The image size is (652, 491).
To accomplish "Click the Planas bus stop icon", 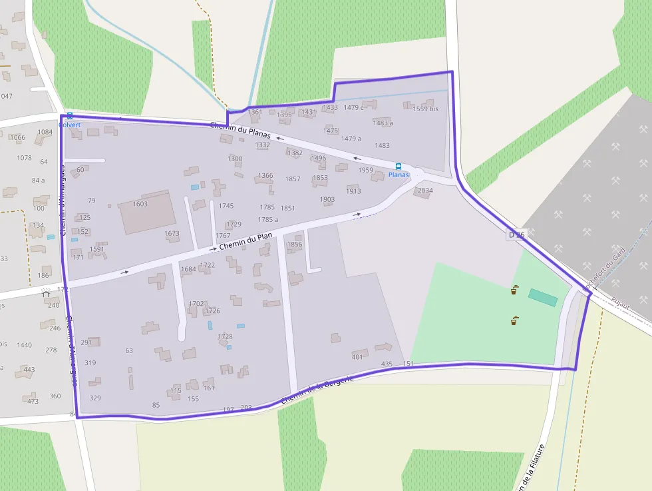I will [x=399, y=166].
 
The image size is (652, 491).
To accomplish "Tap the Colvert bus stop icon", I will [x=70, y=116].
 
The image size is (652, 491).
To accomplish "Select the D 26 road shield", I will [x=516, y=235].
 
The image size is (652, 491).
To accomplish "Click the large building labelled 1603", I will [x=147, y=213].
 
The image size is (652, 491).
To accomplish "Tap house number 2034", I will [x=425, y=191].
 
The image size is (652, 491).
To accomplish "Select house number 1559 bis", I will [x=425, y=109].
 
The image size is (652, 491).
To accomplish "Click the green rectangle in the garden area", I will [x=543, y=297].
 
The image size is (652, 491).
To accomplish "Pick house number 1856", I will [x=294, y=245].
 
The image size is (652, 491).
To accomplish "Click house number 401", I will [x=357, y=357].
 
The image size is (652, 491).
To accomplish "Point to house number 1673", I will [x=172, y=234].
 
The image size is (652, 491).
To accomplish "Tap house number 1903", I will [x=327, y=199].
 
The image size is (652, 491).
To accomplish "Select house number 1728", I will [x=225, y=337].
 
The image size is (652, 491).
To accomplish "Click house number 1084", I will [x=45, y=132].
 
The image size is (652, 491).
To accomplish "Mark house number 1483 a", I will [x=383, y=123].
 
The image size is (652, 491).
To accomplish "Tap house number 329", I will [x=95, y=398].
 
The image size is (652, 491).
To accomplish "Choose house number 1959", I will [x=365, y=170].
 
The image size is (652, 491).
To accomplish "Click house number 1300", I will [x=235, y=159].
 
